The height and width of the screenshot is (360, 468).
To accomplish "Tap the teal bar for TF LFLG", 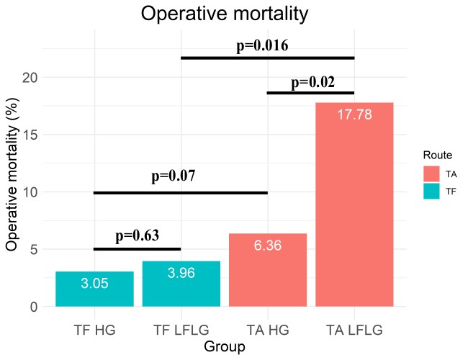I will click(181, 284).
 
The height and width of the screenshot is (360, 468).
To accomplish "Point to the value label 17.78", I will click(354, 114).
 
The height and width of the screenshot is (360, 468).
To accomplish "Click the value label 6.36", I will click(267, 246).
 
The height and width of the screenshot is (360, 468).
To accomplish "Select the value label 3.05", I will click(94, 284).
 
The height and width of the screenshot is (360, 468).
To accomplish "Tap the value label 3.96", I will click(181, 274).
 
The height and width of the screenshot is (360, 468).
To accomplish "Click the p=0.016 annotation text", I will click(262, 46).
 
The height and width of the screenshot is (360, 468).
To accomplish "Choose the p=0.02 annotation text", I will click(312, 82).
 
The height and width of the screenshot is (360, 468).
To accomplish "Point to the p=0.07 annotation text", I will click(174, 176).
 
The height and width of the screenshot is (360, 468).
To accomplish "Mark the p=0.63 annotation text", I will click(137, 235).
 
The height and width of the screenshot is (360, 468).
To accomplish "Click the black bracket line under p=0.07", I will click(181, 192).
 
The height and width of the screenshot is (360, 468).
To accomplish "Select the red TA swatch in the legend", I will click(431, 174).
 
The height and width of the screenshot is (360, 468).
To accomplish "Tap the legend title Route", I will click(437, 155).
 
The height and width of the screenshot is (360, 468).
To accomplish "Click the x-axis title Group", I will click(225, 347).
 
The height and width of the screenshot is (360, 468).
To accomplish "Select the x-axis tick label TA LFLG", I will click(354, 330).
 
